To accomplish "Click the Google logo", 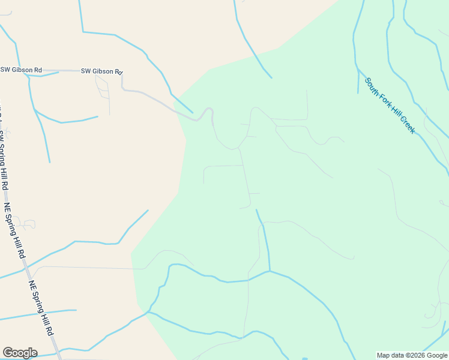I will [20, 353].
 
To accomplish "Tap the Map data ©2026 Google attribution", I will [412, 355].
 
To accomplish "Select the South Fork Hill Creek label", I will [390, 105].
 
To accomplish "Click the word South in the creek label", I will [373, 86].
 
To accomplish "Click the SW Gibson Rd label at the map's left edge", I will [21, 70].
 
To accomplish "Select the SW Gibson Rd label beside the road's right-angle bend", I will [101, 71].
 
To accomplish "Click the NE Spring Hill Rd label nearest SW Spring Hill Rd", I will [16, 230].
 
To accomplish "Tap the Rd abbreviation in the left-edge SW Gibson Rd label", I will [38, 70].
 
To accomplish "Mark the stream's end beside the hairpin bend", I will [192, 112].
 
